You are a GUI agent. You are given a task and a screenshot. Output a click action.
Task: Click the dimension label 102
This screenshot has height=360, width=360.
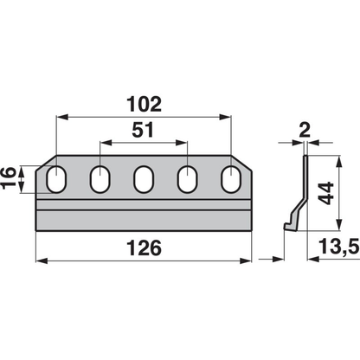pyautogui.click(x=144, y=104)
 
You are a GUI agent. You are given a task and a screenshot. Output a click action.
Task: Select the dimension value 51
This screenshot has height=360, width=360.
pyautogui.click(x=143, y=130)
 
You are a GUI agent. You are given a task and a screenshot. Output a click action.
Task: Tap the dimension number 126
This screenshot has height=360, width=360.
pyautogui.click(x=144, y=248)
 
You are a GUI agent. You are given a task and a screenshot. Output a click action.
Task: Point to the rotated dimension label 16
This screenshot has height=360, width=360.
pyautogui.click(x=8, y=177)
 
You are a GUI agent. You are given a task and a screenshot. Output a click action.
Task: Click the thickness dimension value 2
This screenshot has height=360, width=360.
pyautogui.click(x=305, y=131)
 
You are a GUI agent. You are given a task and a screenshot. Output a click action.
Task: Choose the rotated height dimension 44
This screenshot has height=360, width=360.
pyautogui.click(x=326, y=193)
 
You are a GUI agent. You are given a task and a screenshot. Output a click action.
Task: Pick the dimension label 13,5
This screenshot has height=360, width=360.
pyautogui.click(x=338, y=247)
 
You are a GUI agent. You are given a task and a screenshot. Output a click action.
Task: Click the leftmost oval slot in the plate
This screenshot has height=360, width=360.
pyautogui.click(x=56, y=179)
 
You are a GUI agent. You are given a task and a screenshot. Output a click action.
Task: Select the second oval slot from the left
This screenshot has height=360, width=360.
pyautogui.click(x=100, y=179)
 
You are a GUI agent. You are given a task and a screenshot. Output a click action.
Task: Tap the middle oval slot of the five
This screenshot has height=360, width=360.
pyautogui.click(x=144, y=179)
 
